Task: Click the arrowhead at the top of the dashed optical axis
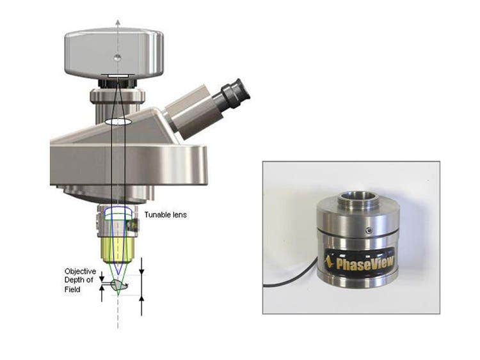[118, 22]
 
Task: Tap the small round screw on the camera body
[118, 57]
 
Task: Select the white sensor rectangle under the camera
[118, 76]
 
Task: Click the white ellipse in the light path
[118, 121]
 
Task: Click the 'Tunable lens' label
[166, 215]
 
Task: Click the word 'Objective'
[80, 271]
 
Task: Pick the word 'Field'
[72, 290]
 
